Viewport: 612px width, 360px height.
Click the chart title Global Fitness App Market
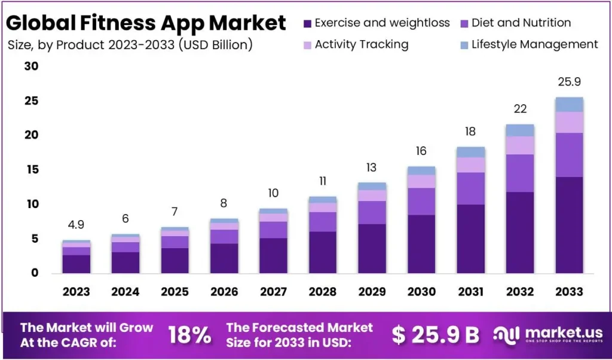point(146,23)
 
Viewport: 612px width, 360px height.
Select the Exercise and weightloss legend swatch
point(307,23)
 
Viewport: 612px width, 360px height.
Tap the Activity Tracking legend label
point(362,44)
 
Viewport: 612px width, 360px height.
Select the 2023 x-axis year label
point(76,292)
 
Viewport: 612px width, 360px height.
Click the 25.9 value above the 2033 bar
point(569,82)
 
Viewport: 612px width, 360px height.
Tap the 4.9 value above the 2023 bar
point(76,225)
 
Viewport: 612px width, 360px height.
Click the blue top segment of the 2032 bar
point(519,130)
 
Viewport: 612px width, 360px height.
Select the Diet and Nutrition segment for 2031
point(470,188)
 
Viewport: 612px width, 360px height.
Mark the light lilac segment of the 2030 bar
point(421,181)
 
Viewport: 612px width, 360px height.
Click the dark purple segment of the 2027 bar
point(273,255)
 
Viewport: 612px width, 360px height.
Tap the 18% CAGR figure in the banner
point(189,335)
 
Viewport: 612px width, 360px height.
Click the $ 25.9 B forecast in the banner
point(435,335)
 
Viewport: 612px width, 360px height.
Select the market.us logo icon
point(506,335)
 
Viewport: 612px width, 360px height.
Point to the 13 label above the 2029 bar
point(372,168)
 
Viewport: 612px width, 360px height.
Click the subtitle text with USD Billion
point(130,45)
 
